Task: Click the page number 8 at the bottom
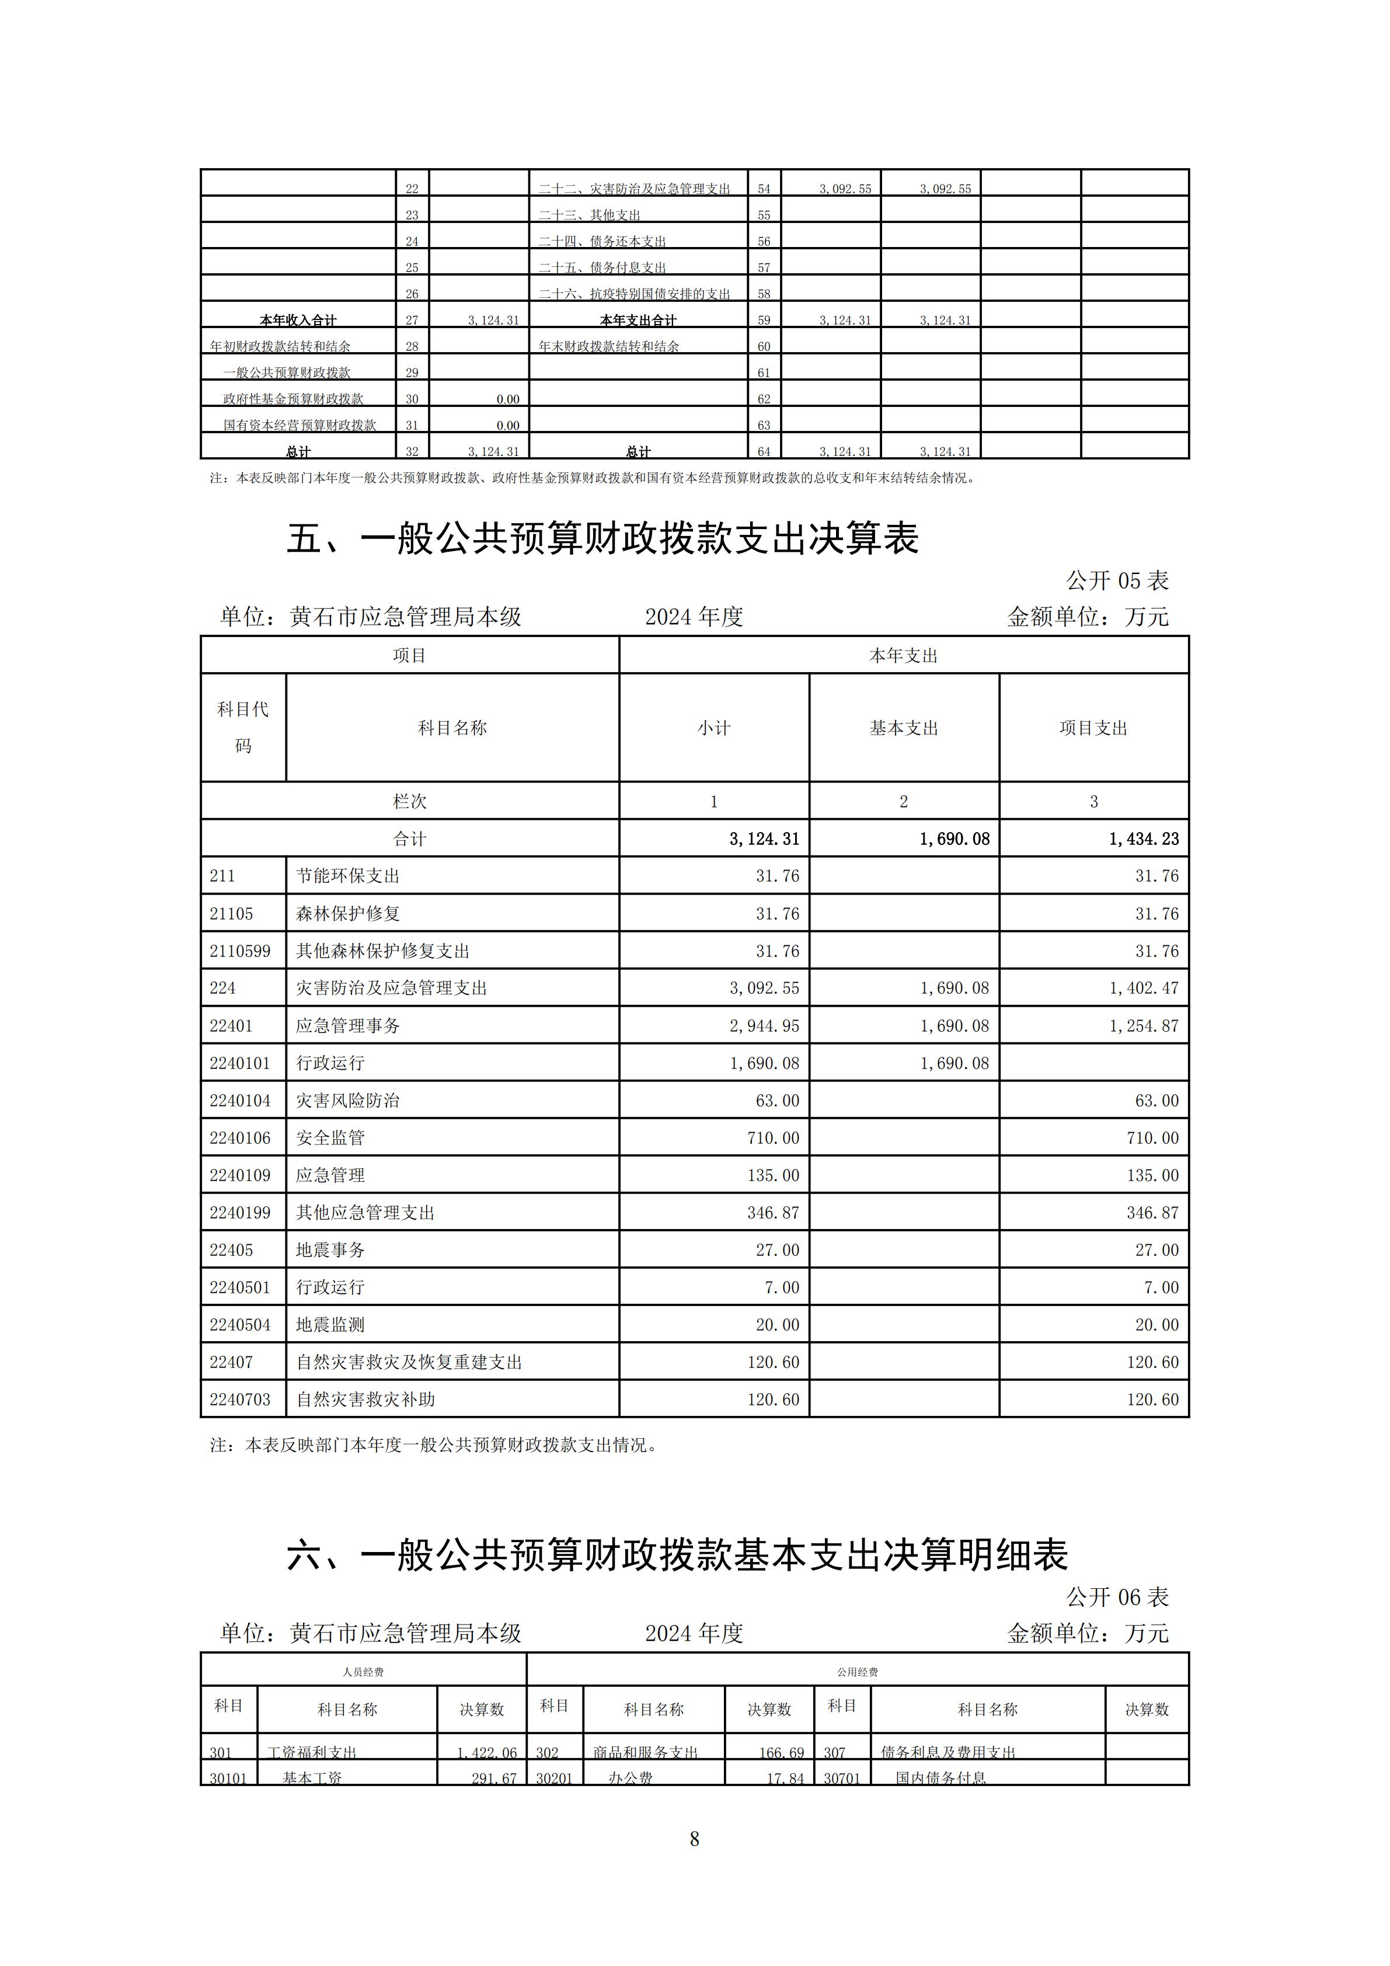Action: tap(694, 1838)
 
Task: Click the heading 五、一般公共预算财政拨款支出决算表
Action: tap(602, 538)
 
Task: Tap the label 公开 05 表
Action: tap(1117, 580)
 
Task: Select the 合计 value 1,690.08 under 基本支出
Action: tap(954, 838)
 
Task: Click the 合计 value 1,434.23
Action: tap(1144, 838)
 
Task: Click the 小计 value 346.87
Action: tap(773, 1213)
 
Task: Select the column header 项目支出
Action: tap(1093, 728)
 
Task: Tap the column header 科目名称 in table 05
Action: tap(452, 728)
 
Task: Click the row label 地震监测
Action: tap(330, 1325)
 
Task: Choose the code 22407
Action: tap(231, 1362)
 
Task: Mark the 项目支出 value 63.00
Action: tap(1156, 1100)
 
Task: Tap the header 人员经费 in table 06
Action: tap(363, 1672)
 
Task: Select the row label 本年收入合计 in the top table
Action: tap(298, 320)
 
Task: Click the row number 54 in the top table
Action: tap(764, 189)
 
